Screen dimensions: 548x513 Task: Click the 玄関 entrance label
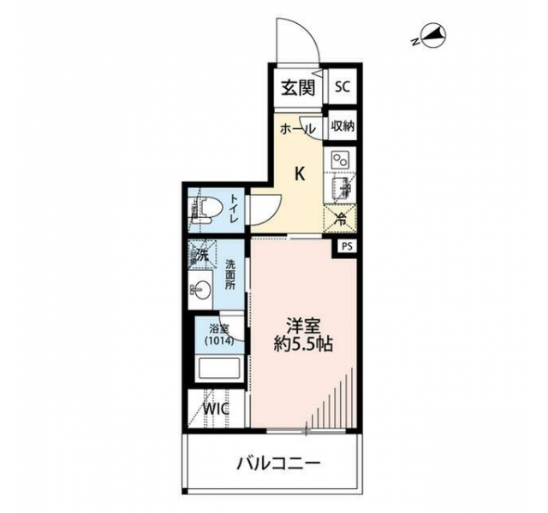299,87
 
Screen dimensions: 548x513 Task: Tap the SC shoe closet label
342,86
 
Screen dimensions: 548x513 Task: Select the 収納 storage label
342,126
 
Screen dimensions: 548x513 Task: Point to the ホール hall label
298,129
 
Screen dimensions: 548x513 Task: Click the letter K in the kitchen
300,174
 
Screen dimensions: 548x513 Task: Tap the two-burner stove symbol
340,160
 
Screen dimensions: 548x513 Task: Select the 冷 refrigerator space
341,220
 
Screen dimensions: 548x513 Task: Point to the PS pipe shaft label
347,247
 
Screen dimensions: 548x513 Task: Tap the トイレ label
234,209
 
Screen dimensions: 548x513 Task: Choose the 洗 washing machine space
202,255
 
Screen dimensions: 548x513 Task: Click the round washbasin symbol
201,289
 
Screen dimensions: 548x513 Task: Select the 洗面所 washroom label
230,274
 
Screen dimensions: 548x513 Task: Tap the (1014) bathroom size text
219,340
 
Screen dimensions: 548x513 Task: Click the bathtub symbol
219,369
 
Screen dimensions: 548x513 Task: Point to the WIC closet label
217,409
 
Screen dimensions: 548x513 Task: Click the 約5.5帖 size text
302,345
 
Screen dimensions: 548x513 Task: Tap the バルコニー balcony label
278,463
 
